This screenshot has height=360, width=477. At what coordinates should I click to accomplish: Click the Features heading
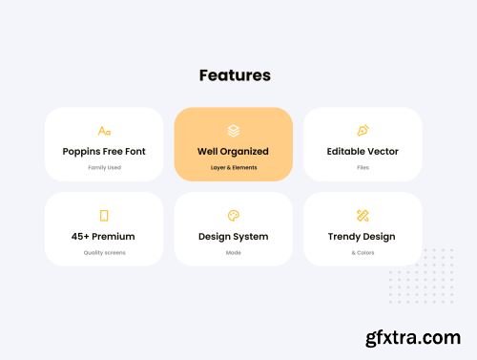pos(235,74)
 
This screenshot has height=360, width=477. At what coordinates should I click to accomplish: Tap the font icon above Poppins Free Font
pos(104,131)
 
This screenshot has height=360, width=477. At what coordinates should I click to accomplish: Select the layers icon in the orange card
pos(234,131)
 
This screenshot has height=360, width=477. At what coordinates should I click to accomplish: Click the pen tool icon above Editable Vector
pos(363,131)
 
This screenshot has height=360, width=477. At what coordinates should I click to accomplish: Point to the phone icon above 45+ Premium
pos(104,216)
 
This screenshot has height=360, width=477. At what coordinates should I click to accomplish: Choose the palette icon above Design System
pos(234,216)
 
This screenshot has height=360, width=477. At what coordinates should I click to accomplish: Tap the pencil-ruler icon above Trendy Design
pos(363,216)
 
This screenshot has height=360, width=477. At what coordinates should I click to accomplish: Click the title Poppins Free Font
pos(104,151)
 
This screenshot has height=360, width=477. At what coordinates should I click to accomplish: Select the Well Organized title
pos(234,151)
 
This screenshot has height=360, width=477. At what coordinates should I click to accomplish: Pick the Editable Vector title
pos(363,151)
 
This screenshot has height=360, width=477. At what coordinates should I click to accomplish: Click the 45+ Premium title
pos(104,236)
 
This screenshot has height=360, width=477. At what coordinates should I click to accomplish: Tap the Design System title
pos(234,236)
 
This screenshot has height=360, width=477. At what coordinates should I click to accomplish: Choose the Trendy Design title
pos(363,236)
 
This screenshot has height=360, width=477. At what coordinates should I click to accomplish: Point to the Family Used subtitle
pos(104,167)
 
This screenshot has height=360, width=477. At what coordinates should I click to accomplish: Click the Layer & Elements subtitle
pos(234,167)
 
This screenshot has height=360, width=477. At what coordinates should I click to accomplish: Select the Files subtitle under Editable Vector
pos(363,167)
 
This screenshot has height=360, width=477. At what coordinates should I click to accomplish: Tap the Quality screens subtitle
pos(104,252)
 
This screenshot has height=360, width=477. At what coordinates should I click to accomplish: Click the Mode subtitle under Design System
pos(234,252)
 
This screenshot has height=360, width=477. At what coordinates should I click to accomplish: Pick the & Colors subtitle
pos(363,252)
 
